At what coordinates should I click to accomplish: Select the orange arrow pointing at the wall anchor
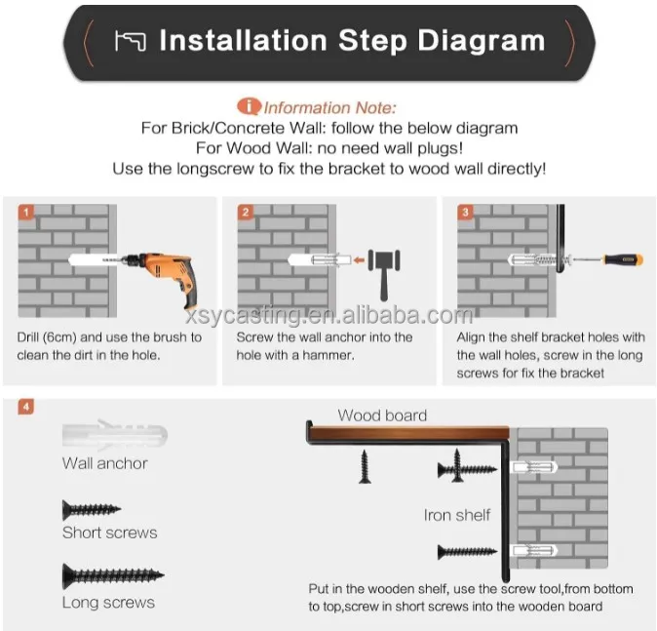click(x=359, y=260)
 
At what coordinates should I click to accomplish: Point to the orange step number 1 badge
click(x=26, y=213)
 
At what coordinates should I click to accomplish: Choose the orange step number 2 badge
click(x=246, y=213)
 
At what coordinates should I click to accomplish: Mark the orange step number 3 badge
click(x=465, y=213)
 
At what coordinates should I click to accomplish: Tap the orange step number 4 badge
click(x=26, y=407)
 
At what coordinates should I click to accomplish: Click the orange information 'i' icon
click(x=249, y=106)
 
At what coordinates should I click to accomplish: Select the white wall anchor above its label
click(x=115, y=435)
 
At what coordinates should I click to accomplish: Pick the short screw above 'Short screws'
click(x=92, y=510)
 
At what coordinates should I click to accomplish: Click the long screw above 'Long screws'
click(x=113, y=575)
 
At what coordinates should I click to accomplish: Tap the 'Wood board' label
click(x=382, y=415)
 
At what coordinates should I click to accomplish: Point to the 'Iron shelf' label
click(x=457, y=515)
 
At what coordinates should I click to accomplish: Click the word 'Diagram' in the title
click(x=481, y=41)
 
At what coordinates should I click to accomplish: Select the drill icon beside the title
click(x=131, y=41)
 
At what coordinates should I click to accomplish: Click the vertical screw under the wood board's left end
click(x=365, y=466)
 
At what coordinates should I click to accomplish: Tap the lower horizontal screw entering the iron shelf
click(x=467, y=552)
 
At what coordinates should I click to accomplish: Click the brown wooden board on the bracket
click(x=409, y=433)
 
